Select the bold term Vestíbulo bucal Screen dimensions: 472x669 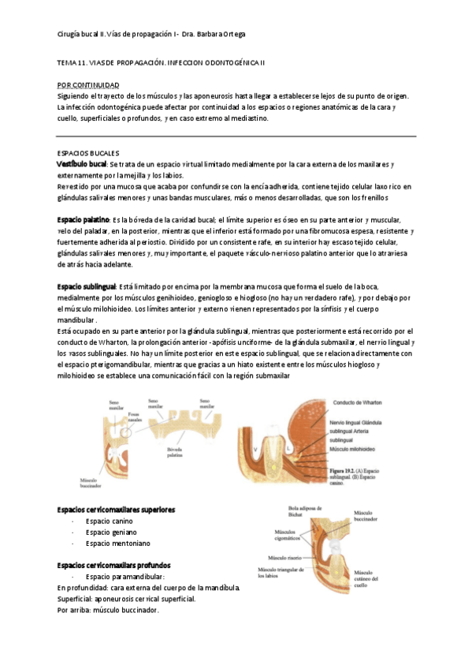pos(82,163)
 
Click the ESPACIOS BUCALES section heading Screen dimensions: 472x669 pos(88,151)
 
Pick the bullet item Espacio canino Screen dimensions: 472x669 pos(110,521)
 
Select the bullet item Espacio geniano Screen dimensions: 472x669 pos(111,533)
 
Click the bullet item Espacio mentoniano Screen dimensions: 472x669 pos(117,544)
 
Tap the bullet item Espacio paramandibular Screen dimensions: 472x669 pos(125,577)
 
